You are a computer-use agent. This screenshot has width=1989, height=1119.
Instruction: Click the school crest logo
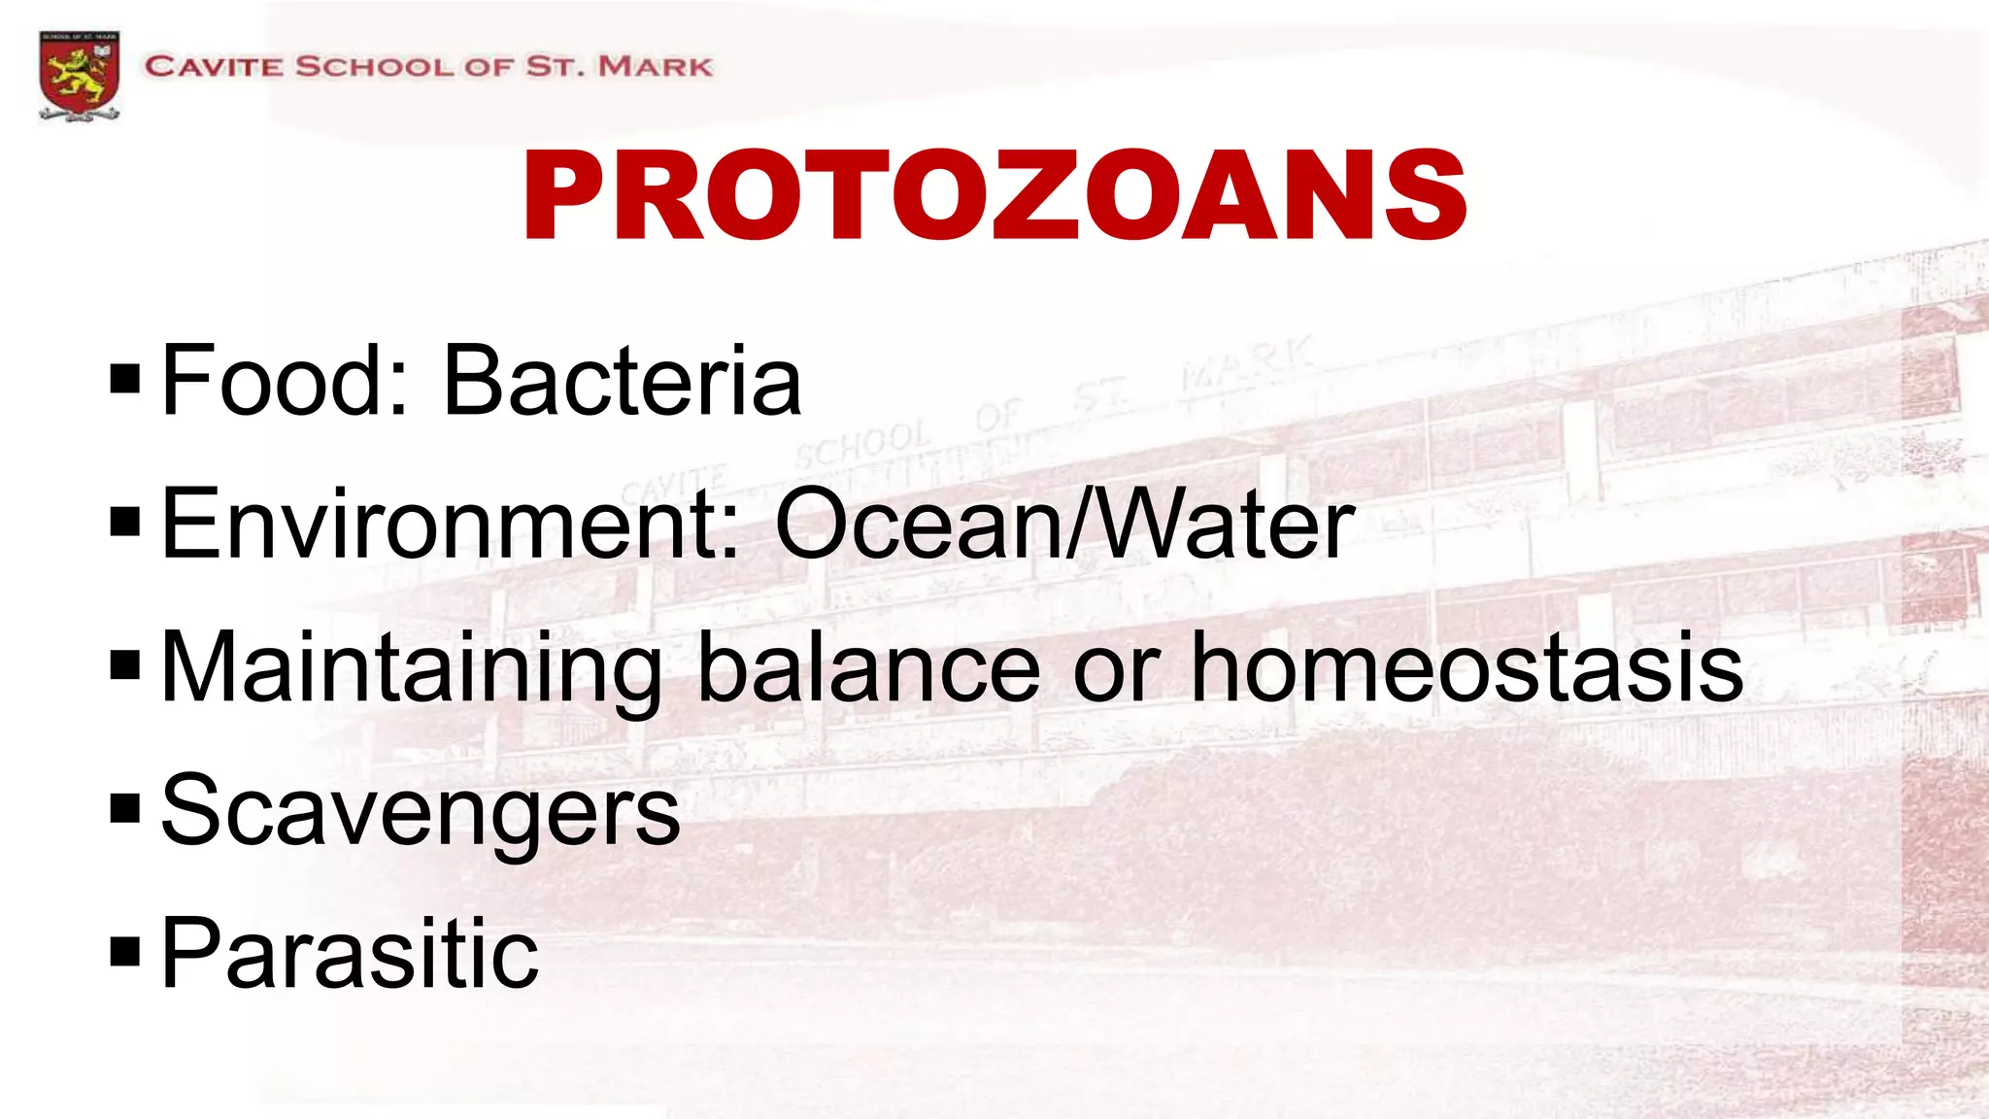[x=80, y=75]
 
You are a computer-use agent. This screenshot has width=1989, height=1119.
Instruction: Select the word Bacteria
[x=623, y=381]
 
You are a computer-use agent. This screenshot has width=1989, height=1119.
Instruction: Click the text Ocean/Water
[x=1064, y=525]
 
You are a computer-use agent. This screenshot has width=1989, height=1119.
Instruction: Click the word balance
[x=869, y=668]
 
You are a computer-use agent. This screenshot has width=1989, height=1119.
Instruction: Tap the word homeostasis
[x=1466, y=668]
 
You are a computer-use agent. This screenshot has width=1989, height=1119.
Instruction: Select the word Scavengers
[x=421, y=812]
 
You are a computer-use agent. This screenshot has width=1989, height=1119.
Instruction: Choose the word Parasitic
[x=350, y=954]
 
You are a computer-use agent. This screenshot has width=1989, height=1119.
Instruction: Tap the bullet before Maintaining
[x=125, y=665]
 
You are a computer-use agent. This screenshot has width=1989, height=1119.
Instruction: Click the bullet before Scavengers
[x=125, y=808]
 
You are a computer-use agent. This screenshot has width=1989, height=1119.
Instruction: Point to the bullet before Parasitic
[x=125, y=952]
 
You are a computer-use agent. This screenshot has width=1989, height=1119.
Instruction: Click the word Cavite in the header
[x=214, y=67]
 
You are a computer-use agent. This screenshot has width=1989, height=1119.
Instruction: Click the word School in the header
[x=374, y=67]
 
